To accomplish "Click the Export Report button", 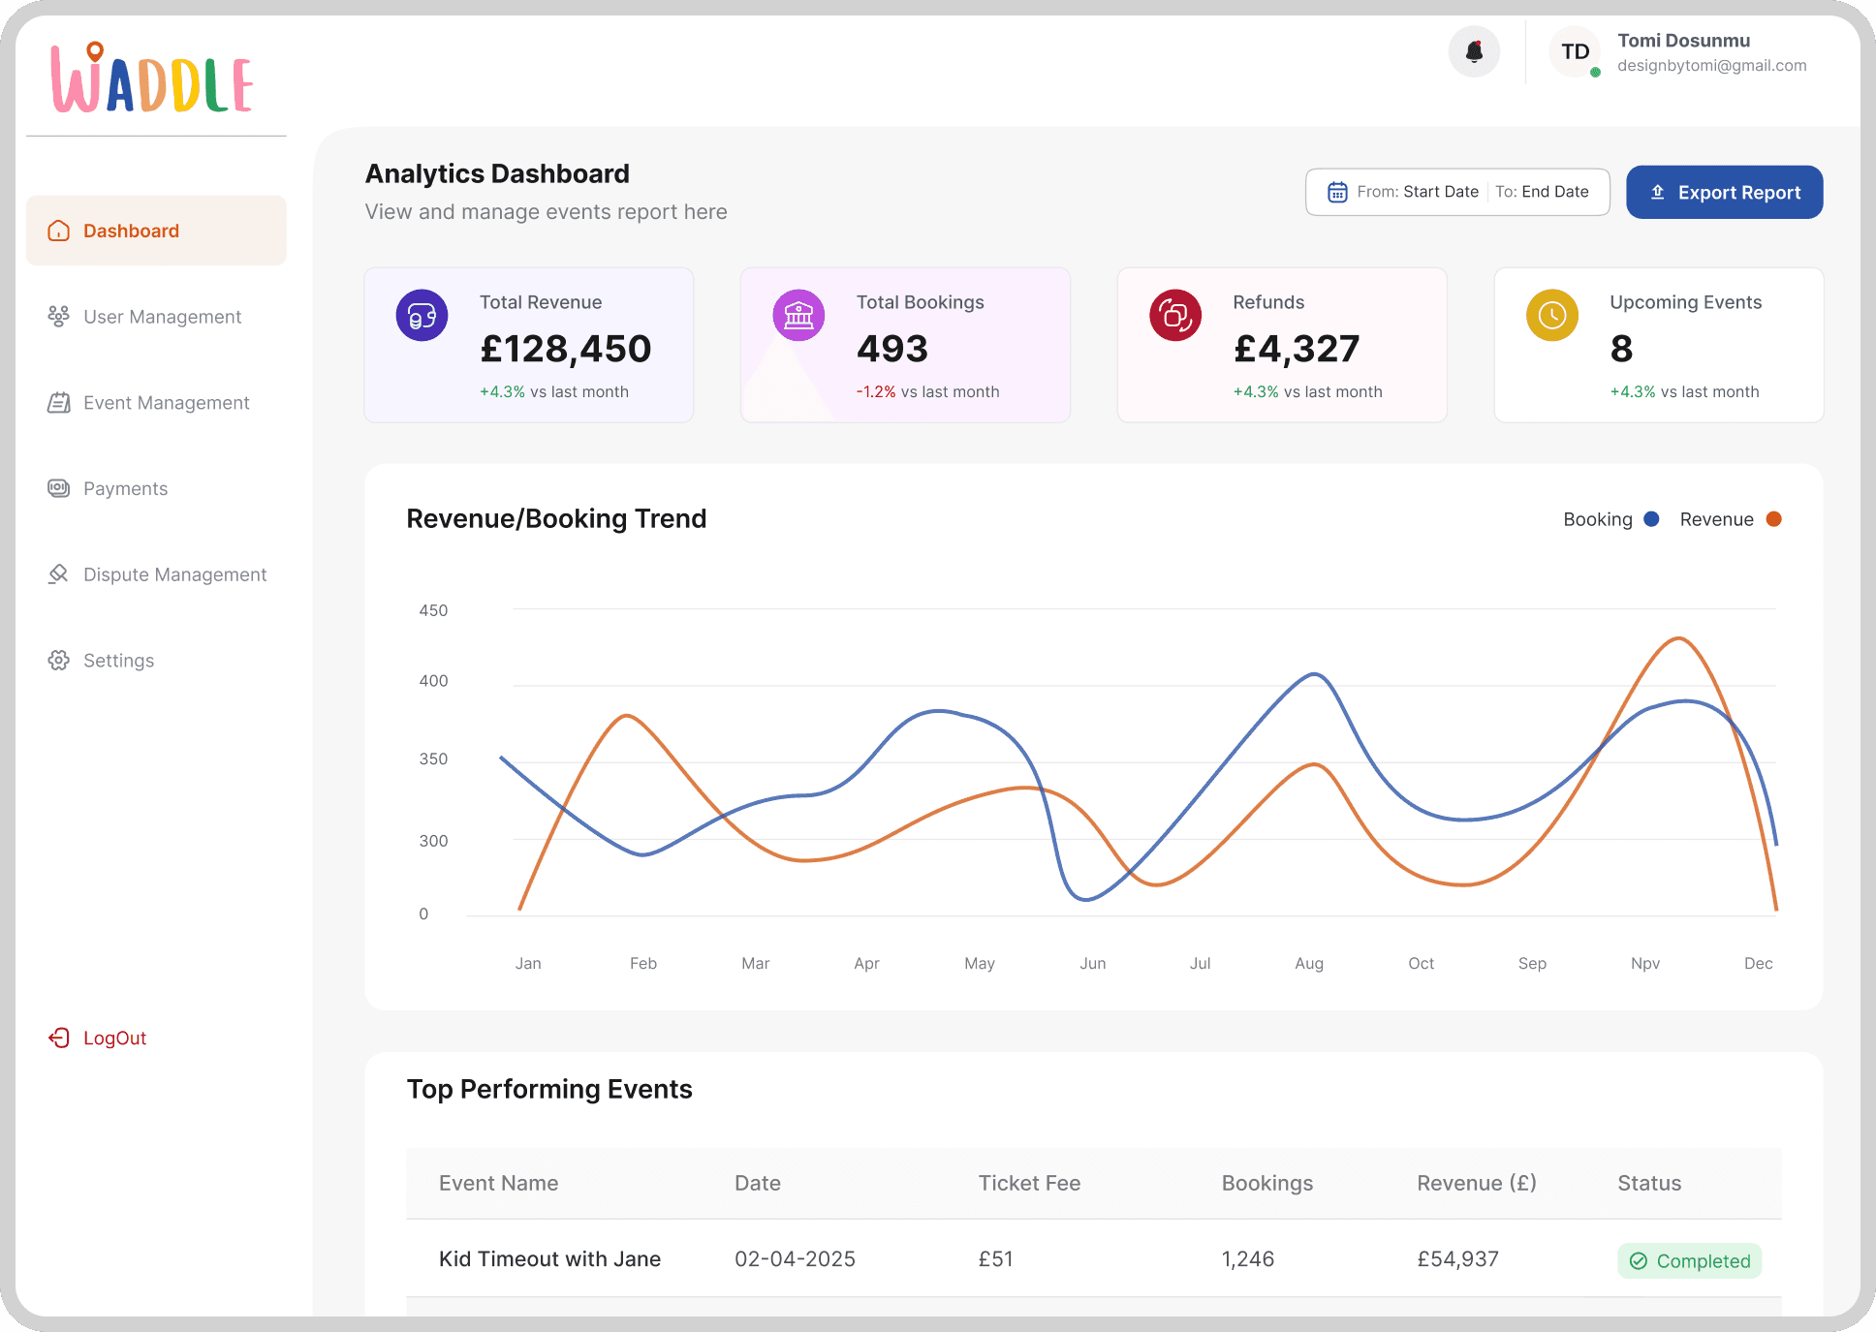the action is (1724, 192).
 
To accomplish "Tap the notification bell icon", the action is (1474, 51).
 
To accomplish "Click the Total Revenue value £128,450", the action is (566, 349).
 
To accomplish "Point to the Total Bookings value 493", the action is (892, 349).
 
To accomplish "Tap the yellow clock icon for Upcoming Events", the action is (1552, 315).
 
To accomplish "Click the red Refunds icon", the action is (1175, 315).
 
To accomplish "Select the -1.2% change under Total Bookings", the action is (876, 391).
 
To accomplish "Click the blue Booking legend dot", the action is (1651, 519).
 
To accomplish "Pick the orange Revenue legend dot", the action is (1773, 519).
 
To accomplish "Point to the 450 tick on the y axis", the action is (433, 610).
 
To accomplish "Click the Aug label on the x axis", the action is (1309, 963).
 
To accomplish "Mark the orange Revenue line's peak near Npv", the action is (1678, 638).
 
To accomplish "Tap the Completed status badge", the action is (1689, 1260).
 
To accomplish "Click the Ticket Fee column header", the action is (1029, 1183).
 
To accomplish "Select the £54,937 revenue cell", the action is (1457, 1259).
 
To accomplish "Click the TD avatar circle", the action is (1575, 51).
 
